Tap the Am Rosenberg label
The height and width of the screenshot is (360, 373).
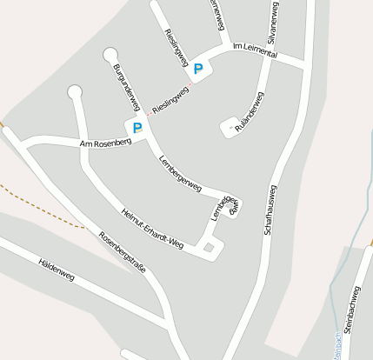click(x=105, y=141)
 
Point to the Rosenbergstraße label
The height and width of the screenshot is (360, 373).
click(x=122, y=251)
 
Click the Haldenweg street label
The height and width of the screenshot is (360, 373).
click(x=57, y=270)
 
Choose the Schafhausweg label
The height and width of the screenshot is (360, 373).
click(x=270, y=211)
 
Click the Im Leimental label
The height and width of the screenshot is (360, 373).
click(x=256, y=54)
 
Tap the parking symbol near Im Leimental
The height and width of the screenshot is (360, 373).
click(x=198, y=69)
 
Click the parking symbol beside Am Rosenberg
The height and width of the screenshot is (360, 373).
click(x=137, y=127)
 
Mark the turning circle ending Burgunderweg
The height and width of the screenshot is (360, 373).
click(x=110, y=56)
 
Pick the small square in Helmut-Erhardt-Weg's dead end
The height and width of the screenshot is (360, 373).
click(x=209, y=249)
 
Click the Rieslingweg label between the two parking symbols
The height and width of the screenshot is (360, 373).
click(x=170, y=101)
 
